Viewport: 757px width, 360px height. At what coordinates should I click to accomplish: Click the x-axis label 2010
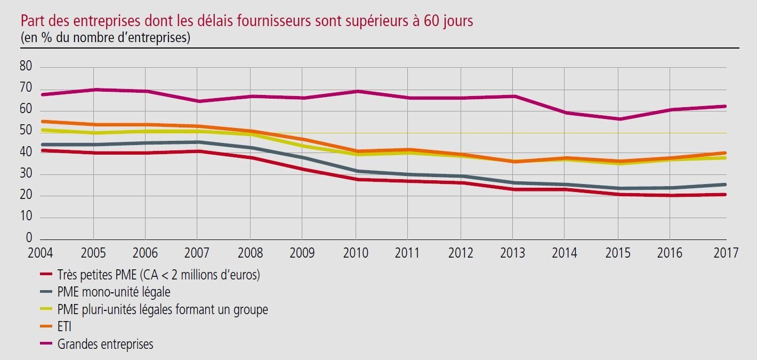point(355,253)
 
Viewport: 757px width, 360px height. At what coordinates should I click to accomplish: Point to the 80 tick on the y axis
point(26,67)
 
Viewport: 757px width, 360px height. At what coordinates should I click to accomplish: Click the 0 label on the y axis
point(29,238)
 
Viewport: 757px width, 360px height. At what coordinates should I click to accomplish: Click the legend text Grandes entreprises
point(105,344)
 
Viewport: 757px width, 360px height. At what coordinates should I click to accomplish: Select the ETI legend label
point(64,327)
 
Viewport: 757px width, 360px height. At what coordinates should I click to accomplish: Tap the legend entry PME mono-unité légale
point(114,292)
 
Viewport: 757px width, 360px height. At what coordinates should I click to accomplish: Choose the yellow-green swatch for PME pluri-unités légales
point(47,310)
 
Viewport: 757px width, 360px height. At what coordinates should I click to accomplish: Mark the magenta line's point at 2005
point(93,89)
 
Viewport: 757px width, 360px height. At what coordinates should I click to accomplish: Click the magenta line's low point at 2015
point(618,119)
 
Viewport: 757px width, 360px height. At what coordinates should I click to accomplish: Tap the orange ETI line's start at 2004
point(42,122)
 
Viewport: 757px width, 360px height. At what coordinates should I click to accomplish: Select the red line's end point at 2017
point(726,194)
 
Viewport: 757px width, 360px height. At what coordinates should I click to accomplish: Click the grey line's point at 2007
point(197,142)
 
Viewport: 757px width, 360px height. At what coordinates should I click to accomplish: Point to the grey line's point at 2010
point(356,171)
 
